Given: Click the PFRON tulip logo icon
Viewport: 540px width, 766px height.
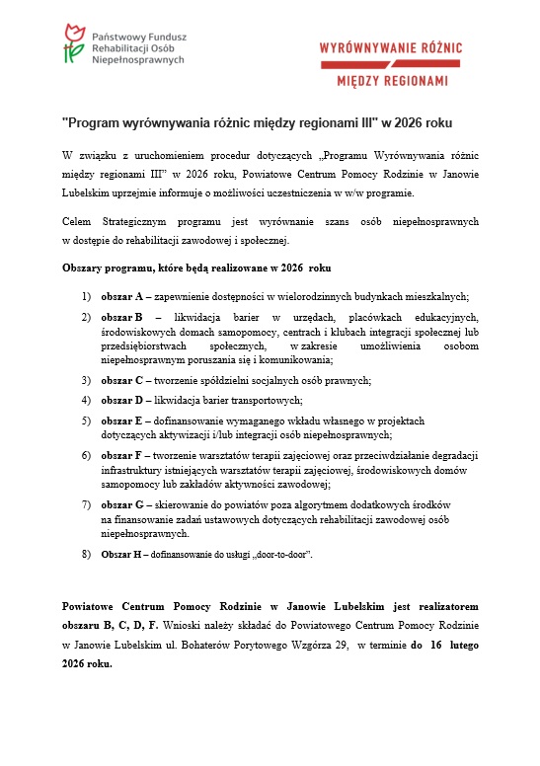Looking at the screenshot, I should click(72, 44).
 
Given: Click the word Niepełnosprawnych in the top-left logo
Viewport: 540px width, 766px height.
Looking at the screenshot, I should click(137, 59).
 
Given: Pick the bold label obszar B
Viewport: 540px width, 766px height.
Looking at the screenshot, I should click(121, 317).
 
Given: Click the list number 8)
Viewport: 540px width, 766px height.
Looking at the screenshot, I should click(86, 556).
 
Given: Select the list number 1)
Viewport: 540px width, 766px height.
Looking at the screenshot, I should click(86, 297).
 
